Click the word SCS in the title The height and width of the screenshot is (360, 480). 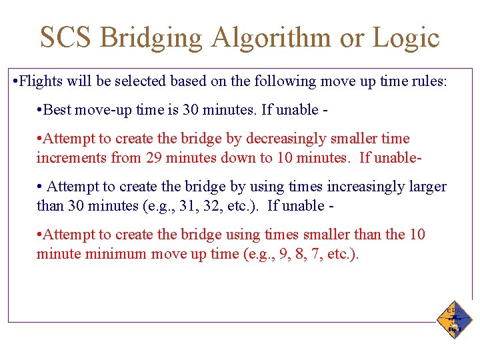coord(65,37)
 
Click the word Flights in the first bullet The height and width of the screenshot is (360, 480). coord(39,81)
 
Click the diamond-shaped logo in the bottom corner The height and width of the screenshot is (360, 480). coord(455,319)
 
